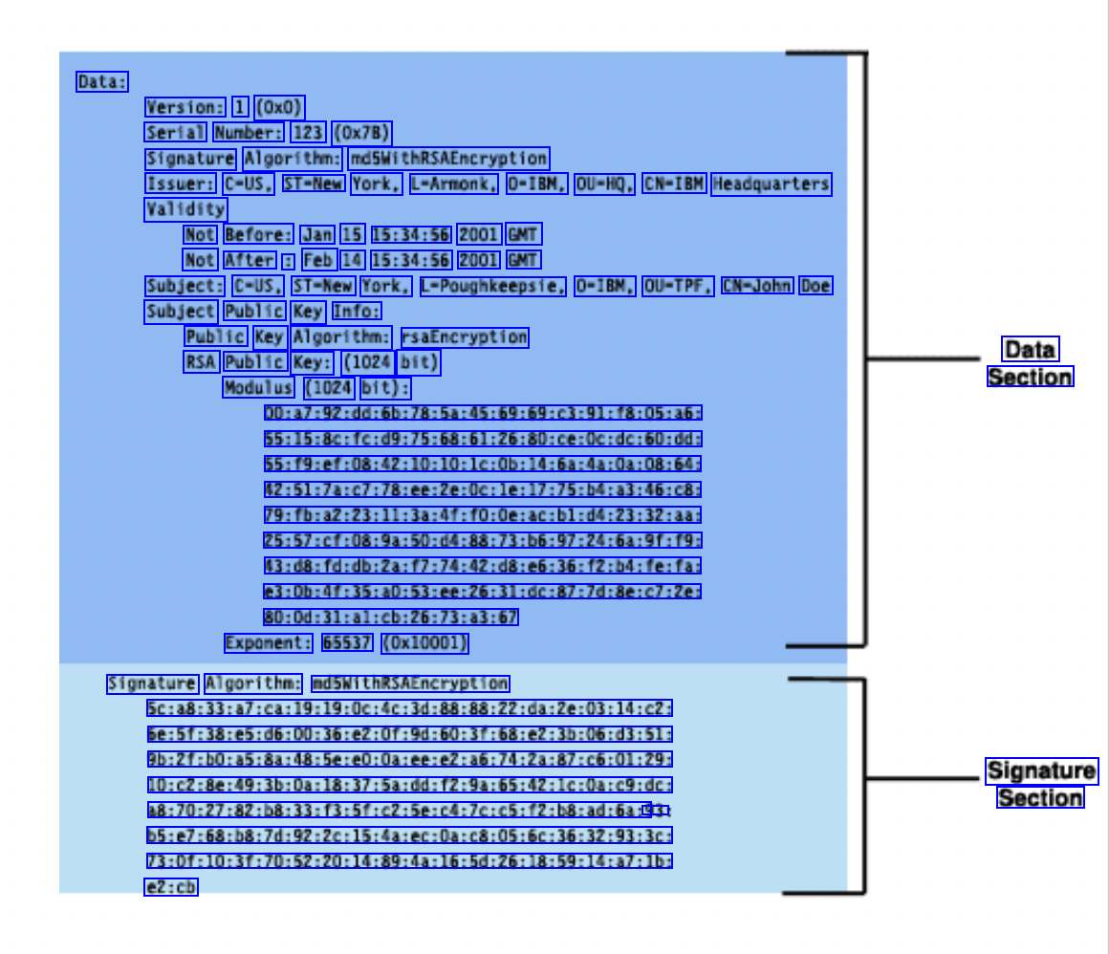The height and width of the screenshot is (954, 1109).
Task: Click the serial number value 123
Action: (309, 132)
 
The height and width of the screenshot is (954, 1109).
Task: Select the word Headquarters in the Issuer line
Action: (771, 184)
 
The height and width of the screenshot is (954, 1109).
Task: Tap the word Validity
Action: (186, 208)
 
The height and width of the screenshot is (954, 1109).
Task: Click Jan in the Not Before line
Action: (317, 234)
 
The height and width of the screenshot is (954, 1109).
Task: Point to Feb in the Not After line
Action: (319, 260)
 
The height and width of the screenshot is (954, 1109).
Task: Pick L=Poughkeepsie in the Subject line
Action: (492, 286)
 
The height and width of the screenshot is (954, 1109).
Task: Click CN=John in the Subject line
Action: (757, 286)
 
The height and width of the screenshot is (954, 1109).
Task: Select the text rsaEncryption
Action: (465, 336)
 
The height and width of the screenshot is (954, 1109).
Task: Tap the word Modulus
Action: (259, 387)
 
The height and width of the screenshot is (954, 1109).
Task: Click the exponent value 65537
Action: (347, 643)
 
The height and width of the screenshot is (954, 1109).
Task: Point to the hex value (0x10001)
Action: (424, 643)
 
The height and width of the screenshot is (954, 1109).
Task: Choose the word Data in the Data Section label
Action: (1030, 349)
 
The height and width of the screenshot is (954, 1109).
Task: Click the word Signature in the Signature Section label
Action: (1041, 770)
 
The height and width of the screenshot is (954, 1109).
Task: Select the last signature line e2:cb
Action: (172, 887)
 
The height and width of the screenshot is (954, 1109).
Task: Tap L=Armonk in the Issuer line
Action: (454, 184)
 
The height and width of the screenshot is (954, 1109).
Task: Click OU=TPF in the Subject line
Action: (678, 286)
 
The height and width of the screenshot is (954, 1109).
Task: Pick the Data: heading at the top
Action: (102, 82)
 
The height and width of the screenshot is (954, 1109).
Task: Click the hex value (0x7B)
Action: (362, 132)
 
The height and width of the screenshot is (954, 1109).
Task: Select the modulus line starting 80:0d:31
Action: (391, 618)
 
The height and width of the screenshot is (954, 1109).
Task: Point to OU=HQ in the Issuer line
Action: (605, 184)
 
